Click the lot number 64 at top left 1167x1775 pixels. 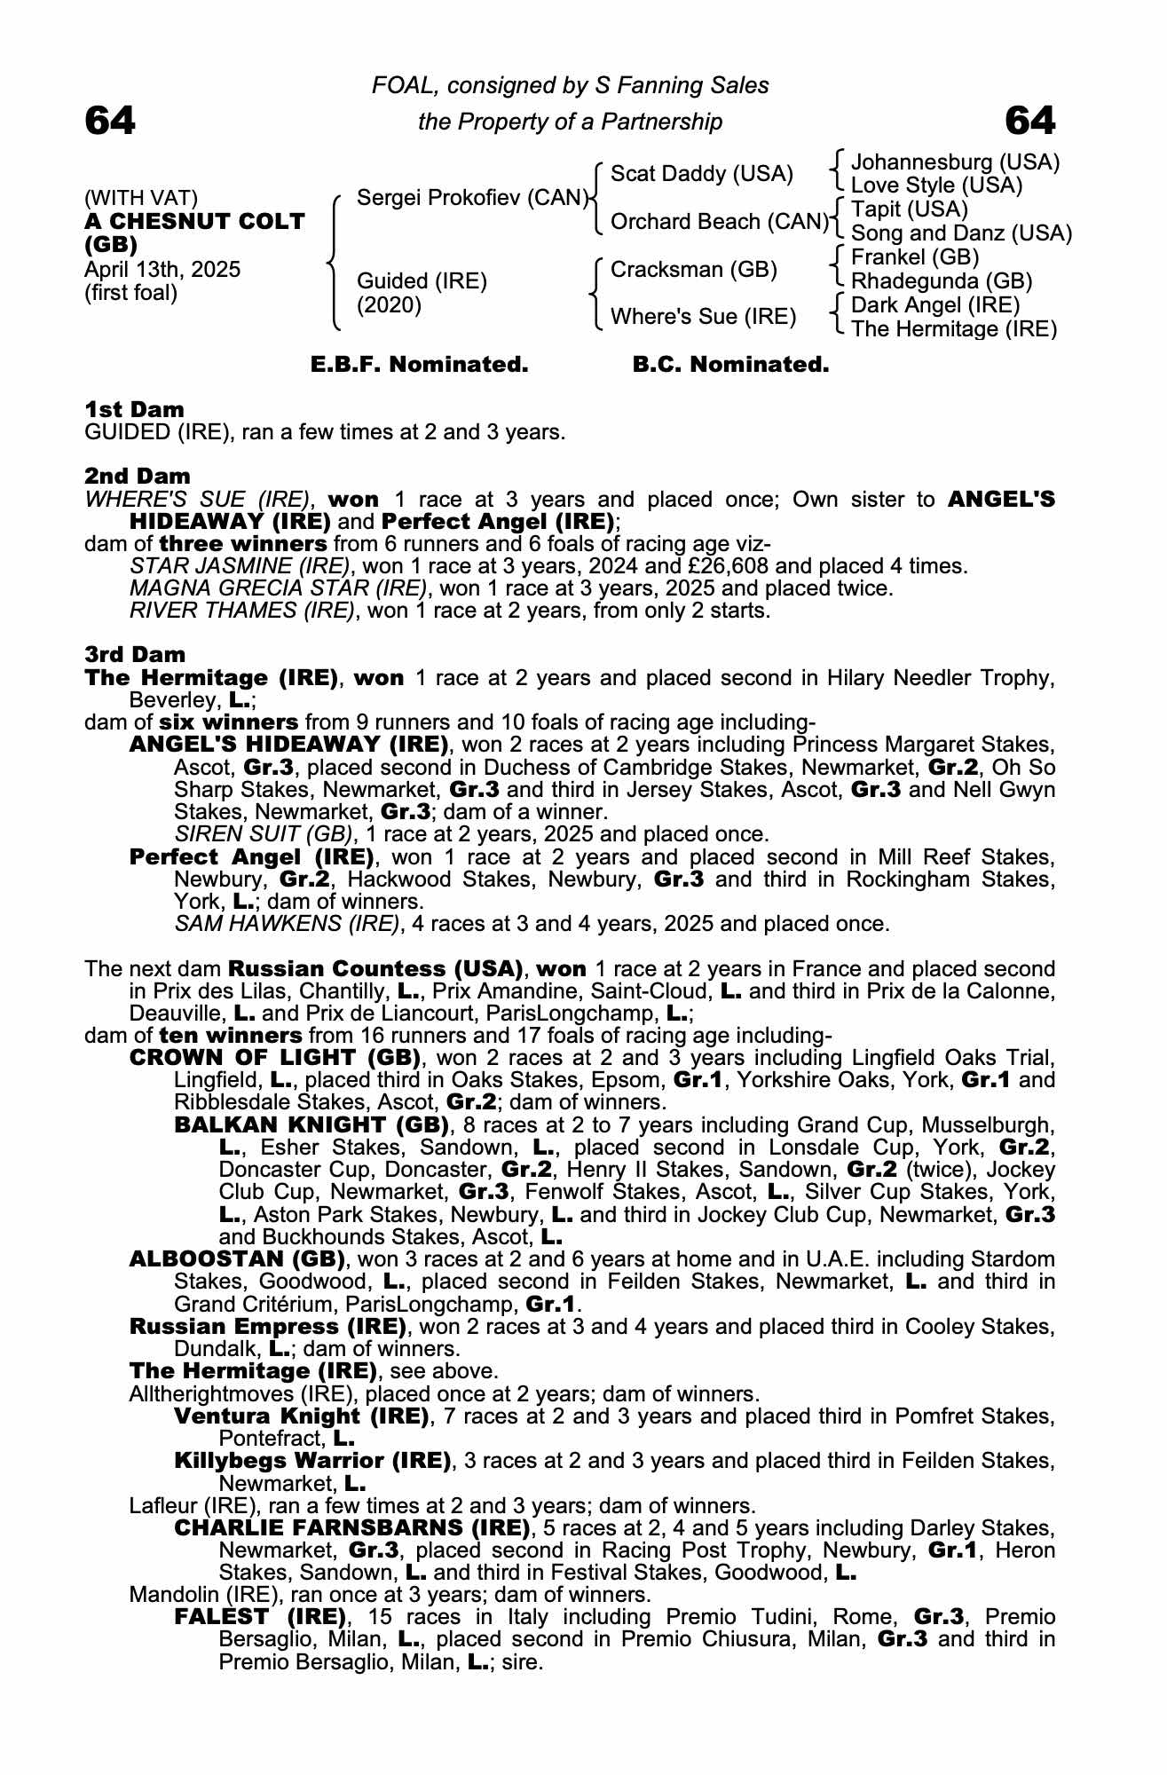110,121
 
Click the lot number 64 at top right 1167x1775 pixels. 1030,121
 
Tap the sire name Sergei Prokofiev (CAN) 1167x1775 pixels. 472,198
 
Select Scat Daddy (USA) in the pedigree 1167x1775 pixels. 702,174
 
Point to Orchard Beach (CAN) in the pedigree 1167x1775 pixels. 719,222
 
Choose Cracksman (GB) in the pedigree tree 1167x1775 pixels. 694,270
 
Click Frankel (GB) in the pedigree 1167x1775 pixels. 915,257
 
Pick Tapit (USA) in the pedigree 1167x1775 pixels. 910,209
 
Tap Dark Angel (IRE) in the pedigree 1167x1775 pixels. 935,305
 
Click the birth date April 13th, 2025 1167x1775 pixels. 162,270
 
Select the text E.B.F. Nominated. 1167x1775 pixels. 419,365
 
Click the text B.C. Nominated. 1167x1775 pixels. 730,365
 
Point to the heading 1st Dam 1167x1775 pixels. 135,410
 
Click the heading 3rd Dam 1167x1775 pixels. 136,655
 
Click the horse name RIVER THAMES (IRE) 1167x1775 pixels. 241,611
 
